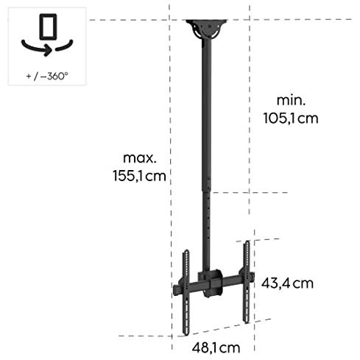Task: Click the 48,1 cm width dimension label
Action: [x=216, y=347]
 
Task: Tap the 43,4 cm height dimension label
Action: [x=287, y=283]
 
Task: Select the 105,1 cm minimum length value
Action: [x=291, y=119]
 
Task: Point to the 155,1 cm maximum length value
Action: [x=139, y=176]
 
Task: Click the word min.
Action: [x=291, y=100]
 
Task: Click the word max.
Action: [x=139, y=158]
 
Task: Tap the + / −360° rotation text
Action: [x=47, y=76]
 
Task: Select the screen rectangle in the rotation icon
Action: [x=48, y=27]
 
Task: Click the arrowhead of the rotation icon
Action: [x=49, y=51]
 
